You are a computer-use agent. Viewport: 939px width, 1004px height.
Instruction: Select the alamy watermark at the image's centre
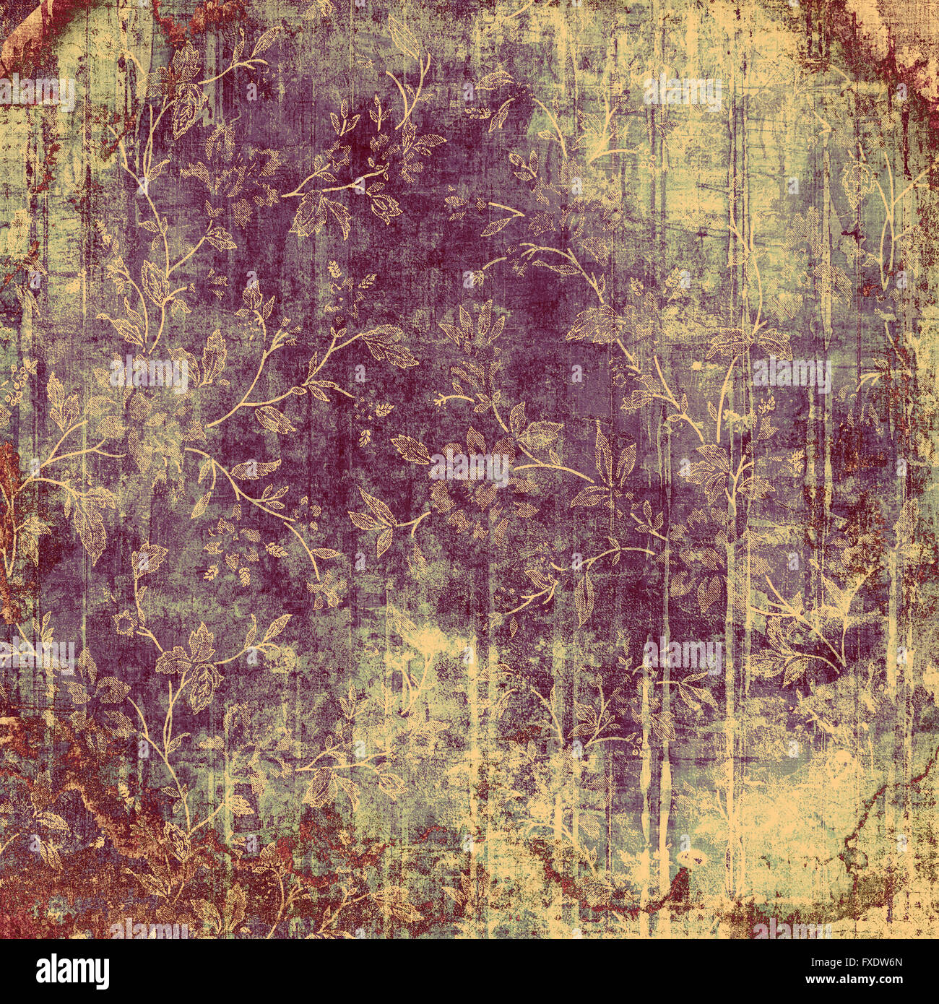click(x=469, y=467)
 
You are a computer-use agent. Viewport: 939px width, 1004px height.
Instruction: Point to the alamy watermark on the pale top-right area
click(x=683, y=92)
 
